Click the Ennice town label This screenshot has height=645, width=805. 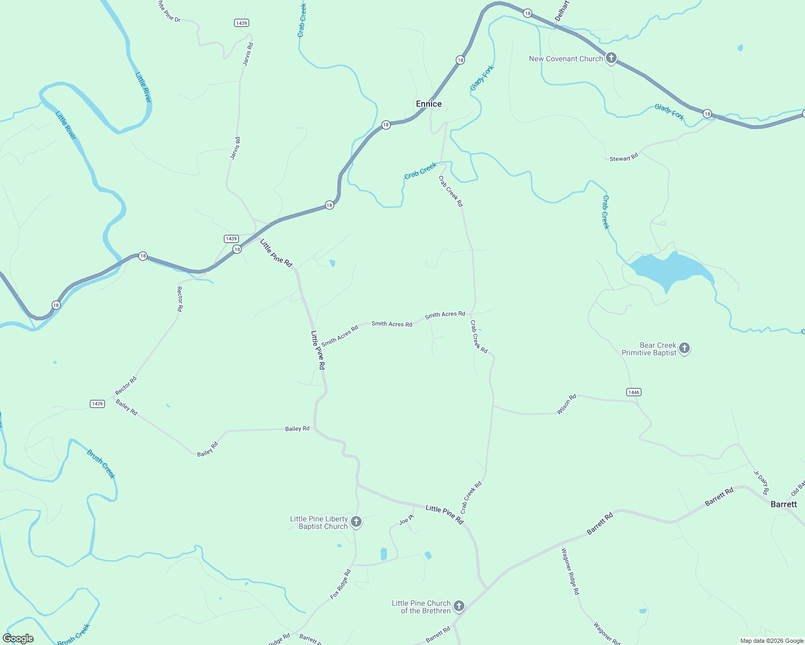point(429,104)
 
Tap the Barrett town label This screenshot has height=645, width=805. point(783,504)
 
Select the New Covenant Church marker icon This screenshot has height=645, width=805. point(611,58)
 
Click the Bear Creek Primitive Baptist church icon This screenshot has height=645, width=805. point(684,348)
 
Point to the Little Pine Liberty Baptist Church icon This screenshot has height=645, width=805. point(356,521)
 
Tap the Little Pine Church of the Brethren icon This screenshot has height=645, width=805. point(459,606)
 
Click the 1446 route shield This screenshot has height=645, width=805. point(634,392)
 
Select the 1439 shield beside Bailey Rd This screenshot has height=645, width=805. point(97,404)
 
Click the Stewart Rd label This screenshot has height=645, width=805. point(624,157)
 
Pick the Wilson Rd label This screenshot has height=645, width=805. point(566,404)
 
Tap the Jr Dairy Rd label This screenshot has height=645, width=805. point(761,482)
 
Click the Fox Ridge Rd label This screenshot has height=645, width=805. point(341,584)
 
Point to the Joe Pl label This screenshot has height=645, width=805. point(406,520)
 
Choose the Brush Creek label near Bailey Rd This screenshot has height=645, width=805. point(101,464)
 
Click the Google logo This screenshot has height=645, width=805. point(18,639)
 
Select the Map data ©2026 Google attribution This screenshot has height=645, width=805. point(772,641)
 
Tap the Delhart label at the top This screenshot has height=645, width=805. point(562,11)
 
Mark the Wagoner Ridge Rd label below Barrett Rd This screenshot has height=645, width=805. point(570,571)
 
